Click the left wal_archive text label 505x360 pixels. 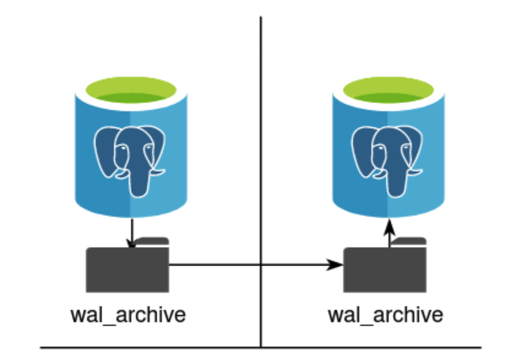[128, 315]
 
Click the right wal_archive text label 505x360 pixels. [385, 315]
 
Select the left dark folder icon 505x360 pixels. [127, 270]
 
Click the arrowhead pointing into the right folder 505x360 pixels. [336, 265]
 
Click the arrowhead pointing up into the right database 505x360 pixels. [389, 229]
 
